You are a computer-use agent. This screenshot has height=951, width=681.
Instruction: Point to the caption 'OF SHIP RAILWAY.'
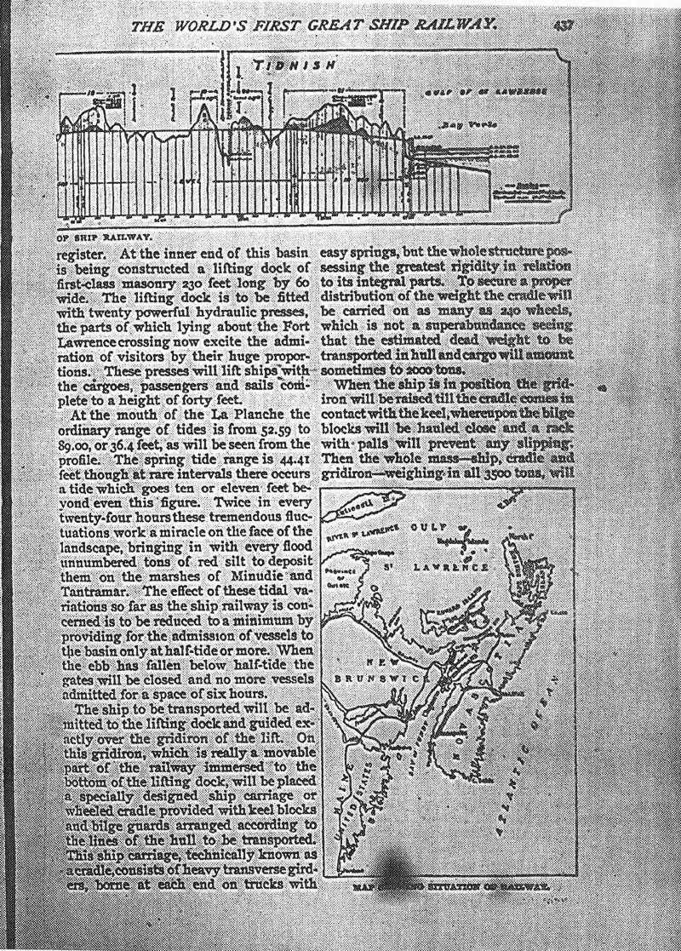pos(104,238)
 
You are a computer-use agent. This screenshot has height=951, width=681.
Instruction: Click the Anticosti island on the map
pos(361,510)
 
